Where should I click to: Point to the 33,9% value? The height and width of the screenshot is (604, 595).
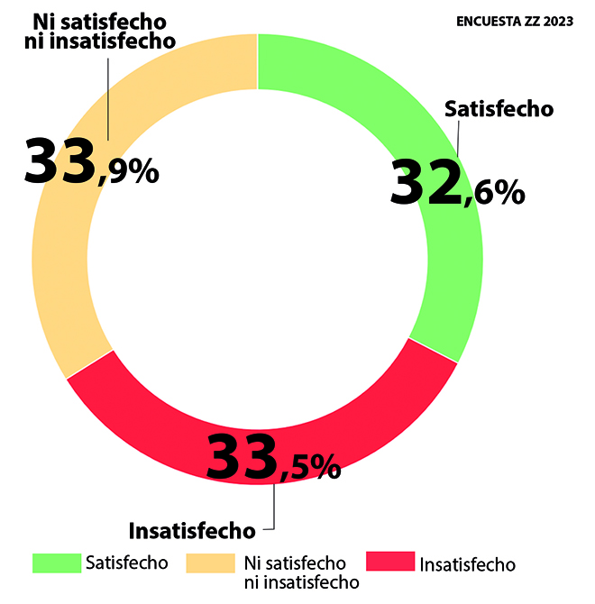click(x=90, y=162)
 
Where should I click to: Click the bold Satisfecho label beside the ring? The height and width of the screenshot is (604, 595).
click(x=499, y=109)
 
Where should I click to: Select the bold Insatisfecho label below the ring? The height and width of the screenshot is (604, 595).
click(x=192, y=529)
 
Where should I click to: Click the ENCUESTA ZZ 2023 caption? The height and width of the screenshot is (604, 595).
click(x=515, y=22)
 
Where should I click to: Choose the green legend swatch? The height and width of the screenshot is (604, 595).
click(x=56, y=563)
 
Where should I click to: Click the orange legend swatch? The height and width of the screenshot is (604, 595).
click(x=210, y=563)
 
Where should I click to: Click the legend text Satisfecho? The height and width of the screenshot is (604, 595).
click(x=127, y=563)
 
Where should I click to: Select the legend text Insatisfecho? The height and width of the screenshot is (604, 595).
click(x=468, y=565)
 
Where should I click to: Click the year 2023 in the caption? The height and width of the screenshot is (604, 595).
click(x=556, y=22)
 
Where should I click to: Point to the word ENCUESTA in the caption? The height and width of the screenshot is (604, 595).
click(x=488, y=22)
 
